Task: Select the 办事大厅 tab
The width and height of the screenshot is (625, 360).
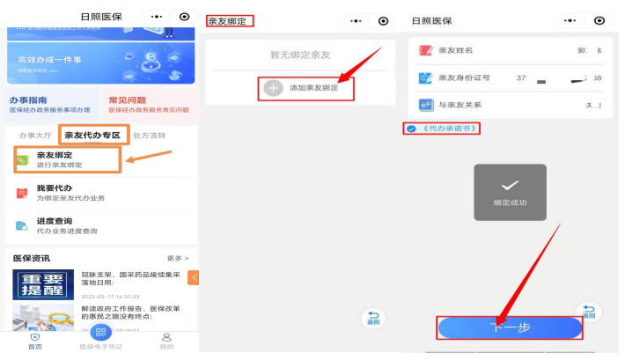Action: [x=36, y=136]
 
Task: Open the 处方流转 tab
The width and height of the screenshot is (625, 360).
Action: [x=149, y=136]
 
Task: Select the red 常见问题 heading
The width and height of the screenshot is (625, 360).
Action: [x=127, y=100]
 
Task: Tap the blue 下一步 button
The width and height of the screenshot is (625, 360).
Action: [x=510, y=327]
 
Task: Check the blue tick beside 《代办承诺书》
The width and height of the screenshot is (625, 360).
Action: [x=411, y=129]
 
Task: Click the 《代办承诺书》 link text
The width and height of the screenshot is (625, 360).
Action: [x=450, y=129]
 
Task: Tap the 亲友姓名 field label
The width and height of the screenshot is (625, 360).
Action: [x=456, y=50]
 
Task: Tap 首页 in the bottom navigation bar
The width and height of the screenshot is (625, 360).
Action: [x=34, y=341]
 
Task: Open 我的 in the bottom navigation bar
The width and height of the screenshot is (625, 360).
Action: [x=165, y=341]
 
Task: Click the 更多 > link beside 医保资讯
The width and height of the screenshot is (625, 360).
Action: [x=178, y=258]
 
